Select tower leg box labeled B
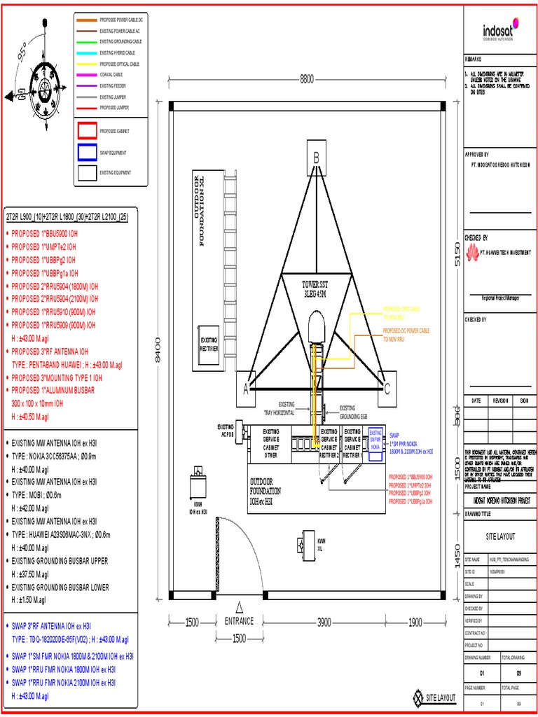click(x=316, y=158)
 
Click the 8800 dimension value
click(x=307, y=79)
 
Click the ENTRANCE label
click(x=239, y=622)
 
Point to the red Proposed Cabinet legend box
click(x=87, y=131)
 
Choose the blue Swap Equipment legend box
click(x=87, y=152)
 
